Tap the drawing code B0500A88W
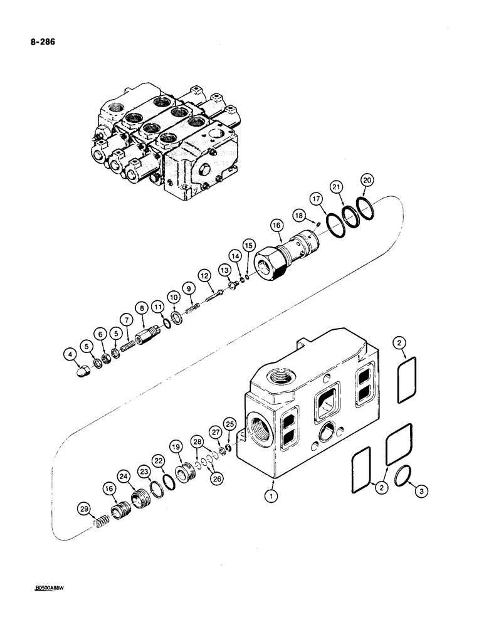[x=51, y=589]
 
